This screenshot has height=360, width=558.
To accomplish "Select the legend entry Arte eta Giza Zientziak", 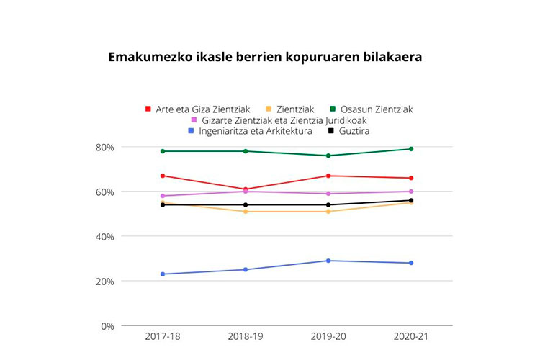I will coord(197,109).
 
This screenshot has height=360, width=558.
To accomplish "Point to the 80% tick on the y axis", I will coord(104,148).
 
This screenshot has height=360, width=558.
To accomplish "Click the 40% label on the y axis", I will coord(104,237).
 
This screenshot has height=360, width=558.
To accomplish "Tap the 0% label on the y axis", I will coord(107,326).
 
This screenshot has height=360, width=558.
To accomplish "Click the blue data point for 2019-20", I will coord(328,261).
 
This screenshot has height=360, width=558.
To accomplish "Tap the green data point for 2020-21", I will coord(411,149).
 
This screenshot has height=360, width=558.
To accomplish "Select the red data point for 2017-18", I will coord(163,176).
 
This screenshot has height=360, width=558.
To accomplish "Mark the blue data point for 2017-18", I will coord(163,274).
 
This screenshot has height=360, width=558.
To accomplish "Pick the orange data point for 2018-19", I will coord(246,212).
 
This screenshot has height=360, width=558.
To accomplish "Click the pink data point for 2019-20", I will coord(328,194).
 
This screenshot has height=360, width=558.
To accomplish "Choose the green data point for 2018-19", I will coord(246,151).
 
